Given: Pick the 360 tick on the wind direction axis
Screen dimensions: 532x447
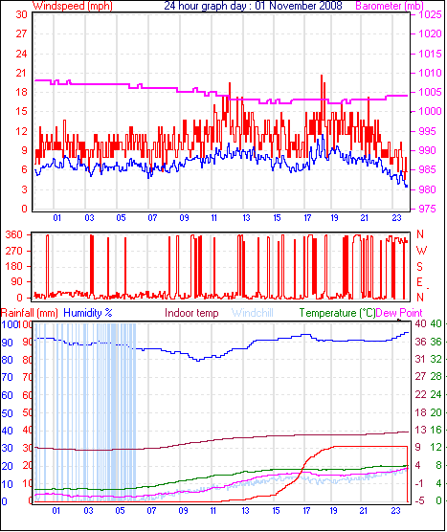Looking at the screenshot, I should [15, 234].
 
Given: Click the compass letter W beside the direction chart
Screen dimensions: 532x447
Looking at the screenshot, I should [419, 250].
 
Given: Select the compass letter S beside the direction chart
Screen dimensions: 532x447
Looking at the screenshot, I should [419, 266].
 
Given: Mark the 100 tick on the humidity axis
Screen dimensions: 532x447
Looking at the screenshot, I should [10, 324].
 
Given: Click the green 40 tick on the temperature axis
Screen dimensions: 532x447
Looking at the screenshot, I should [436, 324].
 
